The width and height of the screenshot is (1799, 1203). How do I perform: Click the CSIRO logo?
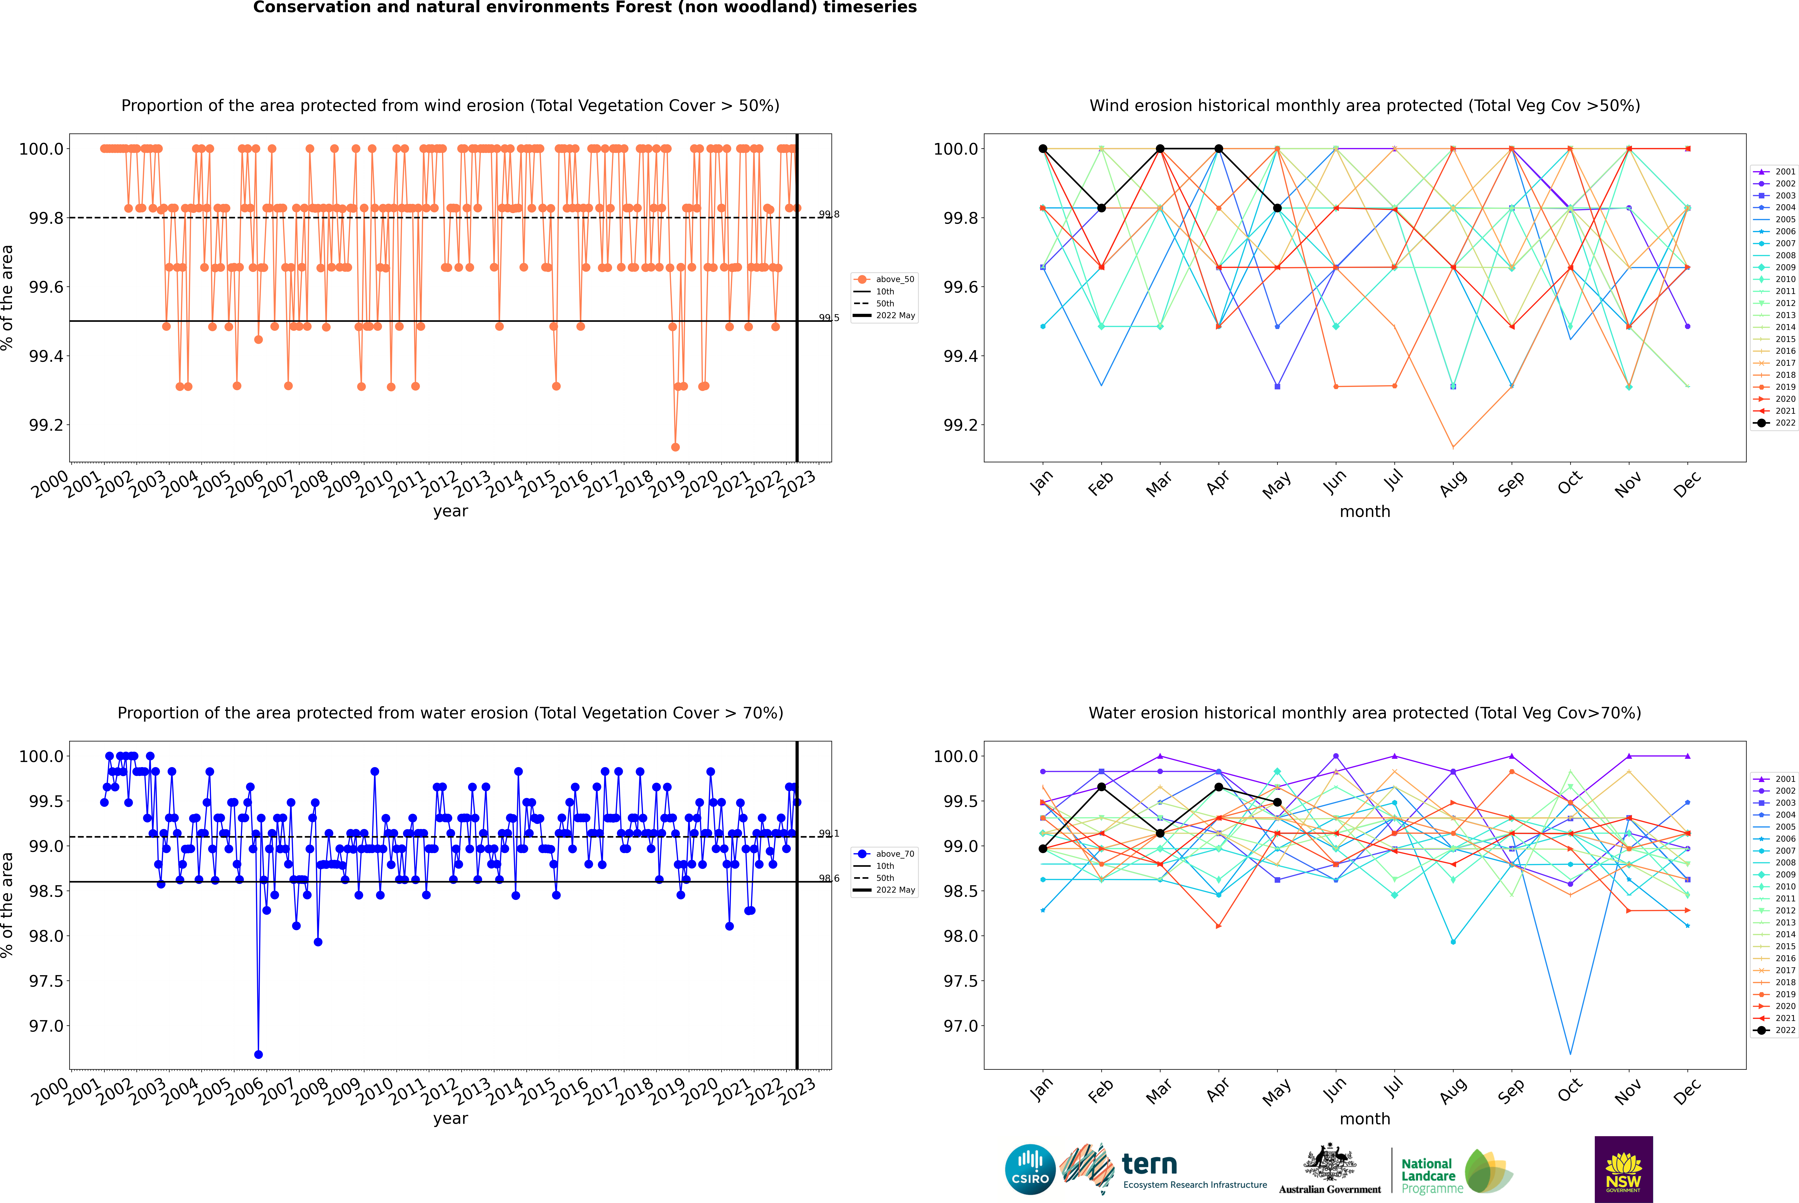(1030, 1169)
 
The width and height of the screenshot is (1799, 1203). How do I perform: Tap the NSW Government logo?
(1623, 1169)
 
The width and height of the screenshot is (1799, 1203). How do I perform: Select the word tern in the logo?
(1149, 1164)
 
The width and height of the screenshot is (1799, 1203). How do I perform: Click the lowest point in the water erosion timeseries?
(258, 1054)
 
